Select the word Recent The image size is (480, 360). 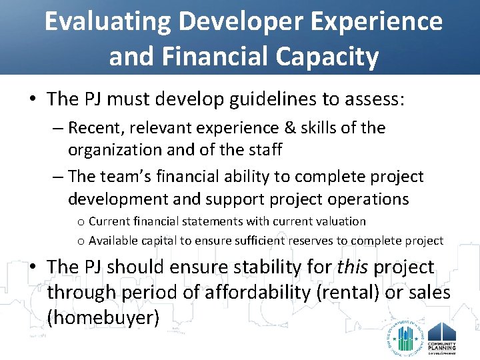click(92, 127)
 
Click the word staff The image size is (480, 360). click(263, 150)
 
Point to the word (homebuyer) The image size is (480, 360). click(103, 318)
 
